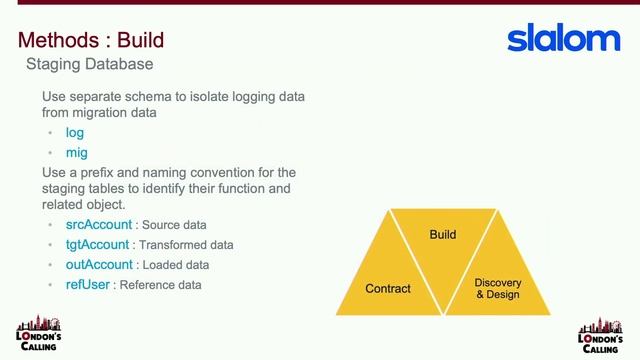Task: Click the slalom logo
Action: pos(564,40)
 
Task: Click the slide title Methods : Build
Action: pos(91,41)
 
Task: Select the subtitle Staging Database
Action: pos(89,65)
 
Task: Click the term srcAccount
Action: pos(92,225)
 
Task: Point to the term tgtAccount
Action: pos(91,245)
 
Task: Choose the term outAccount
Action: pos(92,265)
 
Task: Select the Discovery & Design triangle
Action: pos(497,285)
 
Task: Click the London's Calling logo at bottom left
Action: pos(39,335)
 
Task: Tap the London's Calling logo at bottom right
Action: pos(600,335)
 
